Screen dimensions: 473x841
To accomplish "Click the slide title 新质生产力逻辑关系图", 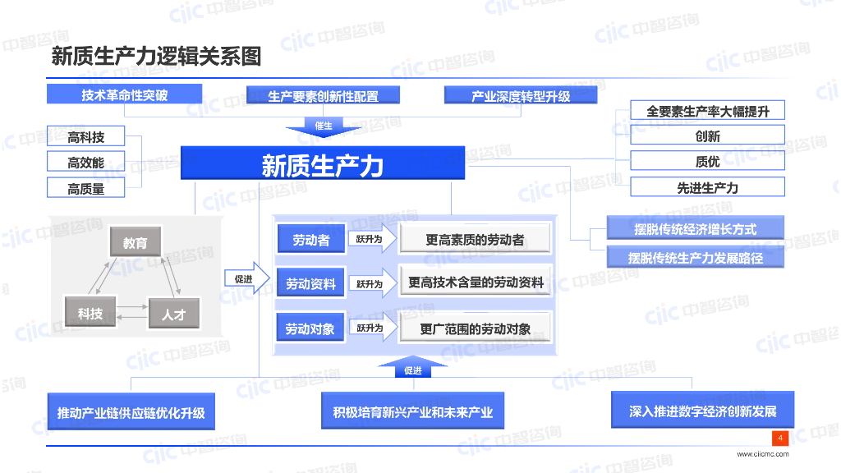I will [156, 57].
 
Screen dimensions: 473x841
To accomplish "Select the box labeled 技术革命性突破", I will [124, 94].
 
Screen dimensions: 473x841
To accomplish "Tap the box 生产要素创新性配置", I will [323, 95].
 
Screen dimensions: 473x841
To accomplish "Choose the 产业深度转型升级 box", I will [521, 95].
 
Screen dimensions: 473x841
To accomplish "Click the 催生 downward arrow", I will [324, 126].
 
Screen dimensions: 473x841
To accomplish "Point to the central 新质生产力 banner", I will [323, 164].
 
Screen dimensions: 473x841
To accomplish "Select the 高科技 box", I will [86, 137].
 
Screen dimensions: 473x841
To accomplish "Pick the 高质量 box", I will [86, 189].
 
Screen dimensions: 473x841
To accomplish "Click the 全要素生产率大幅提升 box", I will [707, 111].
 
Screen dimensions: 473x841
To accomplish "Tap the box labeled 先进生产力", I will [707, 187].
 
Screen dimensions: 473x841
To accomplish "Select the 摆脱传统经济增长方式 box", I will [695, 229].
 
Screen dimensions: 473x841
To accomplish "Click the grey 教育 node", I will [136, 243].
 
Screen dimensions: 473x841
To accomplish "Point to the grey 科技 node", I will [90, 314].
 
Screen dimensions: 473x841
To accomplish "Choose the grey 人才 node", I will [173, 314].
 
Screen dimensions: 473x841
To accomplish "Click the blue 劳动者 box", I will [310, 240].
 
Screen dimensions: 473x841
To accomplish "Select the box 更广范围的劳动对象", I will [476, 328].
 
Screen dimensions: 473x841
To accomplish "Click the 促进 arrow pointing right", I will [246, 279].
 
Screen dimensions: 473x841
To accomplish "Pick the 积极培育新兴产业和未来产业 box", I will [412, 411].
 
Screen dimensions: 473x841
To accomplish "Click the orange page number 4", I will [780, 438].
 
